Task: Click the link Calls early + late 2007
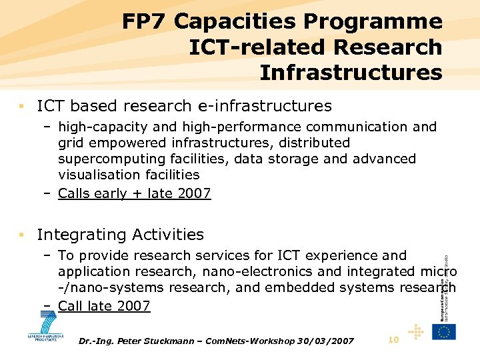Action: [135, 193]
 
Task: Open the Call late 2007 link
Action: [104, 306]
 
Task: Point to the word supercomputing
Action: [109, 159]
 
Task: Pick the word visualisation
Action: [95, 175]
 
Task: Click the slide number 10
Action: [393, 340]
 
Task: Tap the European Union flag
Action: [443, 331]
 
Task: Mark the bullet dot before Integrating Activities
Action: [23, 235]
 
